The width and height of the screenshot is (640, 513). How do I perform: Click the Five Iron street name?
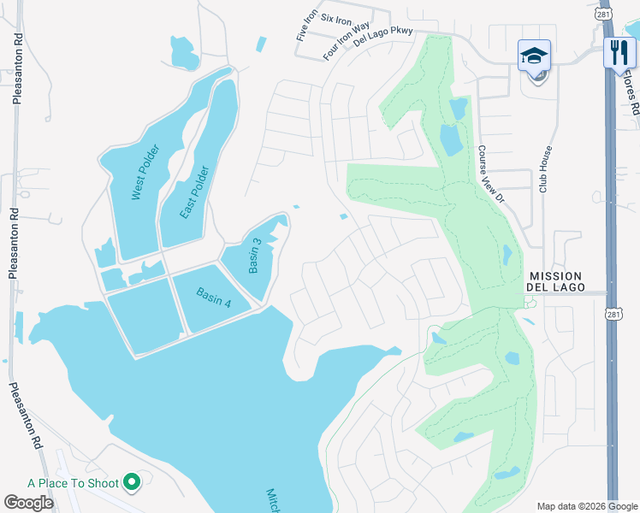tap(306, 27)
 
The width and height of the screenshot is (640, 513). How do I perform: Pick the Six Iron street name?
tap(336, 20)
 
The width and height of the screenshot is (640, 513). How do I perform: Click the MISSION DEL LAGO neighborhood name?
tap(555, 281)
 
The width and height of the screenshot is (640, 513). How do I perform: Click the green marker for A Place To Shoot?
tap(132, 483)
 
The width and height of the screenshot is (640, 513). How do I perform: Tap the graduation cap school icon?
tap(535, 56)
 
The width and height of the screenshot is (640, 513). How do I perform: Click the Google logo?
tap(28, 503)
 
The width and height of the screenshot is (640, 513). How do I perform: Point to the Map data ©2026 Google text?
tap(586, 506)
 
